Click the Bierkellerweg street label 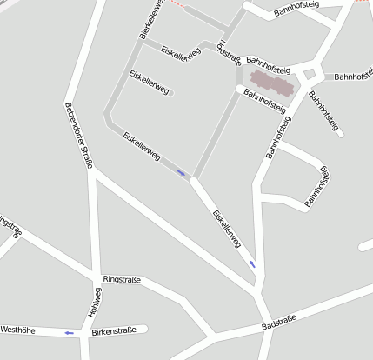(151, 19)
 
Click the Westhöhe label (18, 330)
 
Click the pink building (273, 86)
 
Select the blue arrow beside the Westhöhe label (68, 332)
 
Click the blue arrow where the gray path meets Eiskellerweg (181, 173)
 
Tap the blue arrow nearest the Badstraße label (252, 263)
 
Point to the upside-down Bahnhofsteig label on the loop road (318, 186)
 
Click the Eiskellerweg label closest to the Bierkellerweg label (181, 51)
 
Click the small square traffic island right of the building (309, 76)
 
